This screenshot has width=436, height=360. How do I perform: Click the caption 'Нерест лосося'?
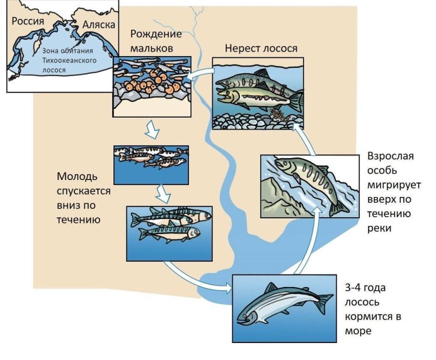pos(261,48)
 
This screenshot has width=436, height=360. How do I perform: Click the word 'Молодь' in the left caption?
pos(77,177)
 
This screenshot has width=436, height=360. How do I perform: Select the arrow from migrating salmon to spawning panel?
pos(305,138)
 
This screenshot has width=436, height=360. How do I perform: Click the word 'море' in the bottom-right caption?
pos(379,330)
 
